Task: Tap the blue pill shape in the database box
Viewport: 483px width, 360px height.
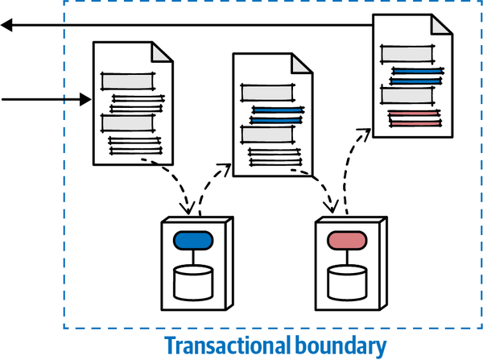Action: (x=192, y=240)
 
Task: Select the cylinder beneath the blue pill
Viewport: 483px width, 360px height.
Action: (x=193, y=283)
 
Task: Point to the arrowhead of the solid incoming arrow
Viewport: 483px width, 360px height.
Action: (x=85, y=100)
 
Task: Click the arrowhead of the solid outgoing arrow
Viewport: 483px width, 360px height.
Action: (x=6, y=27)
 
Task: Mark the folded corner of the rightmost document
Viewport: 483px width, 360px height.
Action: (x=442, y=23)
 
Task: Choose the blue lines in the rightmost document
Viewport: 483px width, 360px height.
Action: (x=416, y=76)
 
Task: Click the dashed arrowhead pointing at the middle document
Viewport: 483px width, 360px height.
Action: (x=225, y=168)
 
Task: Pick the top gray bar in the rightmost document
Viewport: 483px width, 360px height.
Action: (x=407, y=54)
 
